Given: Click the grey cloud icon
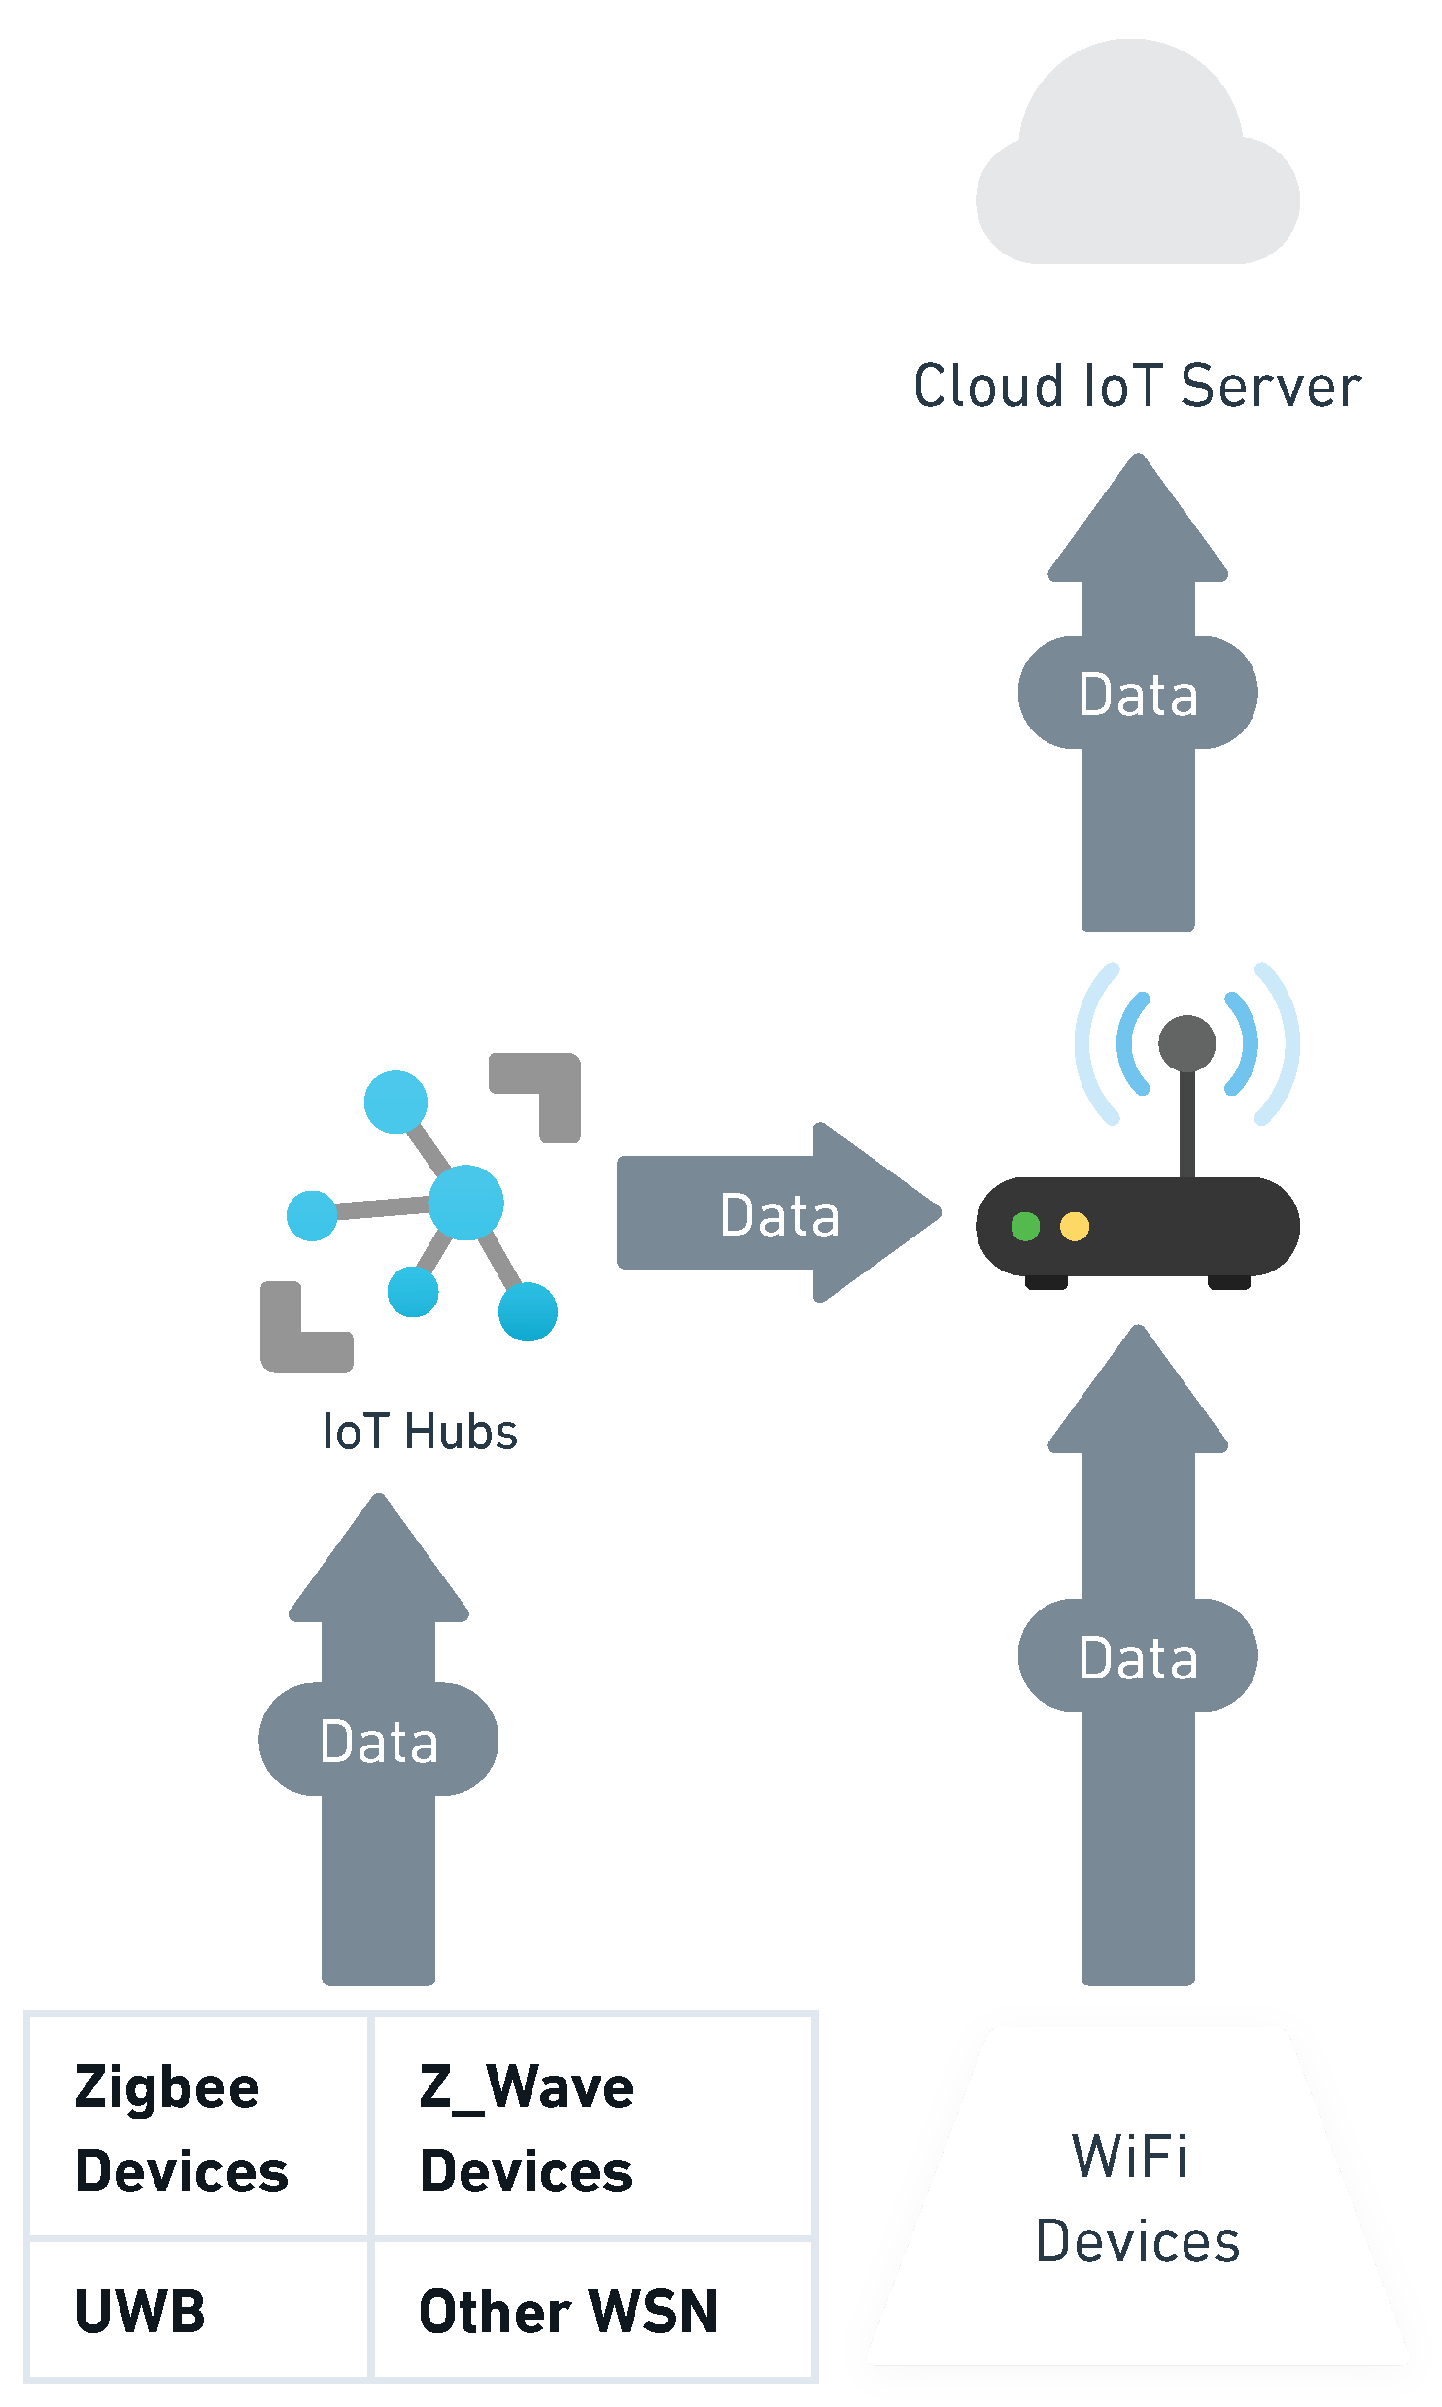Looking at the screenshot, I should click(1137, 165).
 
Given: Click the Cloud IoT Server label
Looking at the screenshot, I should click(1137, 386).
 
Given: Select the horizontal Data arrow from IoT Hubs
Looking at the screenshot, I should click(778, 1213).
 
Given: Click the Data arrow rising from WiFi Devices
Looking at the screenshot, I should click(1138, 1656).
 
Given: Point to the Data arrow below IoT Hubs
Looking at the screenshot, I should click(379, 1740).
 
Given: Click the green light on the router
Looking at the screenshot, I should click(1025, 1226).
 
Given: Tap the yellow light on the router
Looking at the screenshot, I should click(1075, 1226).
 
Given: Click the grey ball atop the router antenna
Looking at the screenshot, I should click(1186, 1043).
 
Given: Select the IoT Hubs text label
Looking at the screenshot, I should click(420, 1432).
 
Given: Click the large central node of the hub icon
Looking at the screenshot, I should click(465, 1203).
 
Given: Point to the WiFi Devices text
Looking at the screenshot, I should click(1137, 2198).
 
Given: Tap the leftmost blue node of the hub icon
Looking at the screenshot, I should click(312, 1215).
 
